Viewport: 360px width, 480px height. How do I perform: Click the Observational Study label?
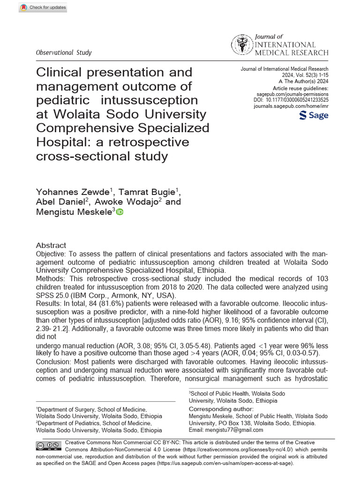click(64, 52)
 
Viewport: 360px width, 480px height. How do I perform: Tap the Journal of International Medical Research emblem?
click(241, 45)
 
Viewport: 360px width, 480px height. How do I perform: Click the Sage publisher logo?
click(313, 115)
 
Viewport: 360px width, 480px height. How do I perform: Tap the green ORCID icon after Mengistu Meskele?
click(120, 213)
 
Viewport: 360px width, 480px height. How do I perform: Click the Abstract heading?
click(51, 246)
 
